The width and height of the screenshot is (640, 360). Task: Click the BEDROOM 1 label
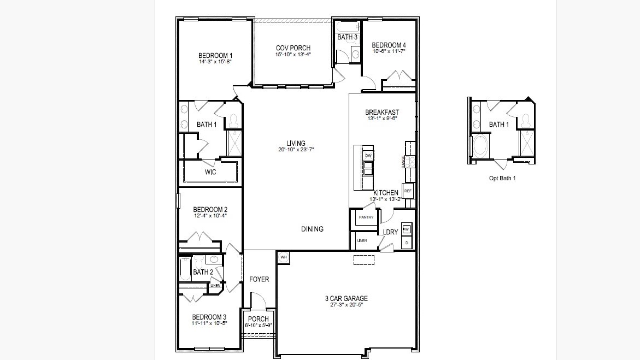tap(215, 55)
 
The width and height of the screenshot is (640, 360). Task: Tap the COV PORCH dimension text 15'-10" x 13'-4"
tap(293, 55)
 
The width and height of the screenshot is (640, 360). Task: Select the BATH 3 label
tap(347, 37)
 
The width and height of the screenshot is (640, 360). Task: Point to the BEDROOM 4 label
tap(389, 45)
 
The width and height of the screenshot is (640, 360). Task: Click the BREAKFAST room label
tap(382, 113)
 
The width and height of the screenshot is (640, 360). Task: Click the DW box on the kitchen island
tap(368, 156)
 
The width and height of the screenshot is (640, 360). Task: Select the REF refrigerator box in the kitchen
tap(408, 191)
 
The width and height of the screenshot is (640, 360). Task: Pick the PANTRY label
tap(366, 217)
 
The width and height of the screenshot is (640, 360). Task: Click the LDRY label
tap(390, 232)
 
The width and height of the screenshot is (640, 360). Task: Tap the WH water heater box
tap(283, 257)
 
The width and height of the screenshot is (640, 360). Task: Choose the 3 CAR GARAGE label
tap(347, 298)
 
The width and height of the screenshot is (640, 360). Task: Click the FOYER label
tap(259, 279)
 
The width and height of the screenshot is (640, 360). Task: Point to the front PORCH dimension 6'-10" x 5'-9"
tap(258, 326)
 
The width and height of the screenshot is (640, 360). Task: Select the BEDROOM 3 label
tap(209, 317)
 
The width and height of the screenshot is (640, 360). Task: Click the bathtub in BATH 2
tap(185, 269)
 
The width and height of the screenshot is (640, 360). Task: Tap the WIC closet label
tap(210, 172)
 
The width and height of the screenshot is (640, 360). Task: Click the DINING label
tap(312, 229)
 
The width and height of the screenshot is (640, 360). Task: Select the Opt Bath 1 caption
tap(502, 178)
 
